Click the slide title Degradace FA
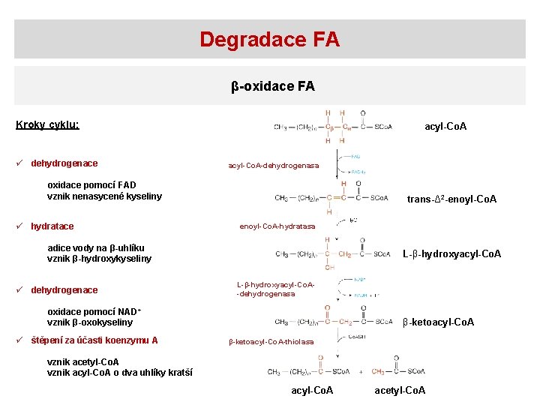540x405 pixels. (269, 39)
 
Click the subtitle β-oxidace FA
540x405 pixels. (272, 86)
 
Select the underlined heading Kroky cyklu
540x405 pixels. (48, 124)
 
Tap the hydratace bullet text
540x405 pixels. (52, 226)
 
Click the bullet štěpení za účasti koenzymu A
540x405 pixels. (94, 340)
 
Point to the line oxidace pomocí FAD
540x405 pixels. (91, 184)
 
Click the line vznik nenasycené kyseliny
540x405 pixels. (104, 196)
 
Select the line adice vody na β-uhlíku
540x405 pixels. (96, 247)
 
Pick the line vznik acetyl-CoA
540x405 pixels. (83, 361)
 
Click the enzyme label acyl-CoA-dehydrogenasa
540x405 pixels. (273, 165)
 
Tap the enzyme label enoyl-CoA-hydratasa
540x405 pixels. (277, 226)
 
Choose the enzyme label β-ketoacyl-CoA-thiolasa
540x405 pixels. (271, 342)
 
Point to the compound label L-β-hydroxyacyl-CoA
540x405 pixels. (452, 253)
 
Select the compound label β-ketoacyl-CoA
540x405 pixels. (438, 322)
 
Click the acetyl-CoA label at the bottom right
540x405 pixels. (400, 390)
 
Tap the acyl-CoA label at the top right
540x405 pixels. (445, 126)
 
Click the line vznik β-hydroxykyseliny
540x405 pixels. (99, 259)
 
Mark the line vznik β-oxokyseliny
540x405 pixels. (90, 322)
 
